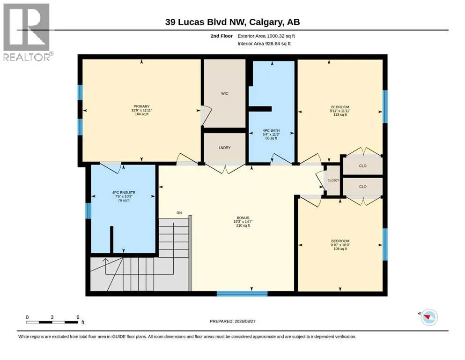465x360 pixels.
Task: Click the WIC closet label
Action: [x=224, y=93]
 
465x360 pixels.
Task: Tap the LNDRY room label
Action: [x=224, y=148]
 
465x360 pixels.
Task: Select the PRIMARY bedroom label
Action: [x=141, y=106]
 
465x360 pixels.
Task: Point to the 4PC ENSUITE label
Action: [x=124, y=193]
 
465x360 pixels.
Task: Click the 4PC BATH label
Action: [x=271, y=131]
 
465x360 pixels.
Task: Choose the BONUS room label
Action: [x=243, y=218]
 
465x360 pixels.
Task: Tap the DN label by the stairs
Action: [x=179, y=213]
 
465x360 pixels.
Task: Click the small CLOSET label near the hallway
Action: [x=333, y=180]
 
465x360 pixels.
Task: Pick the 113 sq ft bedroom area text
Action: [x=340, y=115]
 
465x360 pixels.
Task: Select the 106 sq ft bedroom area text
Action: [x=340, y=249]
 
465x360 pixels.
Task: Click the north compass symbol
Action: [x=429, y=317]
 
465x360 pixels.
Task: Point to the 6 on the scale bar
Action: [x=78, y=317]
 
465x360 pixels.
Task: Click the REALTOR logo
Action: [x=27, y=32]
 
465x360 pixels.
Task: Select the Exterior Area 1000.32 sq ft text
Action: [x=266, y=36]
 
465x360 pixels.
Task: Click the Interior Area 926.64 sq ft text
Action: [x=264, y=44]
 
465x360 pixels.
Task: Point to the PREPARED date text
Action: [x=232, y=321]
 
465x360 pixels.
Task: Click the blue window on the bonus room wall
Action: [x=242, y=294]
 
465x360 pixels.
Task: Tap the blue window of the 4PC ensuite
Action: [x=88, y=211]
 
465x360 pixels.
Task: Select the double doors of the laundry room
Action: [x=225, y=168]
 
